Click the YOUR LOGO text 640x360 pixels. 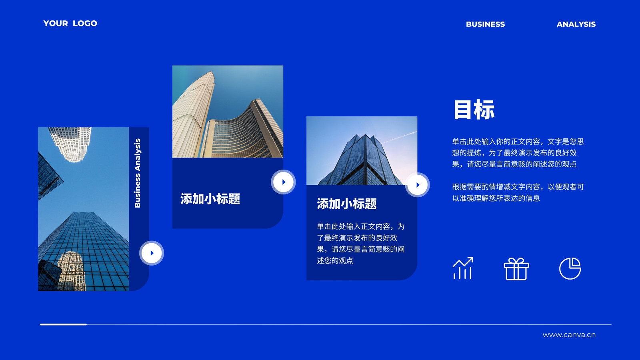[x=70, y=24]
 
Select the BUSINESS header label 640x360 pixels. [x=485, y=24]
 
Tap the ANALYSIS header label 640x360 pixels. [x=576, y=24]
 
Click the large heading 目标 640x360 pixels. [x=474, y=110]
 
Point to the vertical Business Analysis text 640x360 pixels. [x=138, y=173]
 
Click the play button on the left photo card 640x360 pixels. [x=152, y=253]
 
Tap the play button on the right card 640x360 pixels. [x=418, y=185]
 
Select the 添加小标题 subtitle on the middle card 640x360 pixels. [x=210, y=199]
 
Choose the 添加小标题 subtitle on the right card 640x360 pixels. [x=346, y=204]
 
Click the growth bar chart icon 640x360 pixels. [x=463, y=268]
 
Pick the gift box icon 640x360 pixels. [x=516, y=269]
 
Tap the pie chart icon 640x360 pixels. [x=570, y=268]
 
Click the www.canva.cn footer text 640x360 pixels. [x=569, y=335]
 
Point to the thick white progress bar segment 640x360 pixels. [x=63, y=324]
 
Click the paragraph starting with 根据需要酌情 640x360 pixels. [x=518, y=192]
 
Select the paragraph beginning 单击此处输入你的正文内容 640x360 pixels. [x=518, y=153]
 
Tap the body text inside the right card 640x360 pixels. [x=360, y=244]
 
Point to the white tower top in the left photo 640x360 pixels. [x=70, y=144]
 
